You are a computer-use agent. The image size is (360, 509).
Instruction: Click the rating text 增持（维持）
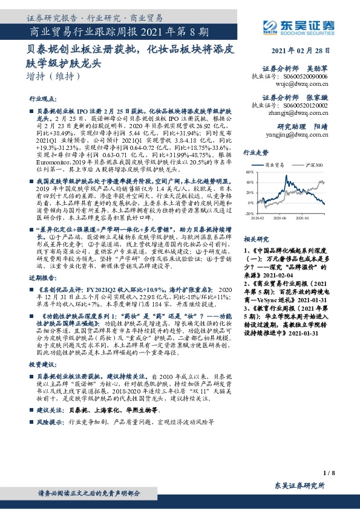[54, 77]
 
